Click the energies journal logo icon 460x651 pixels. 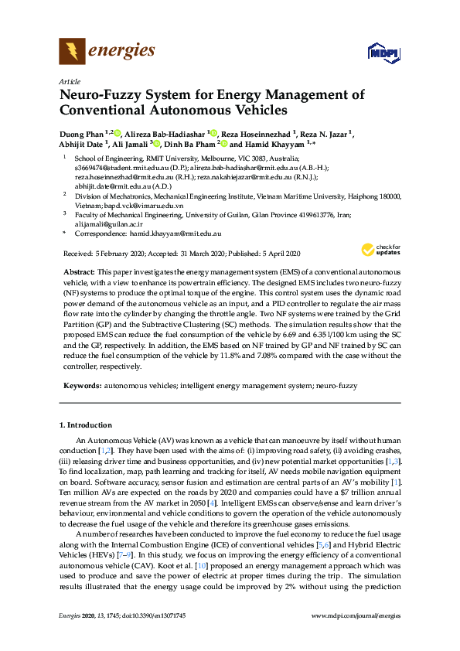[x=71, y=52]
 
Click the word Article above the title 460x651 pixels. [x=69, y=80]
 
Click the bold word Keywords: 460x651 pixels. [x=81, y=384]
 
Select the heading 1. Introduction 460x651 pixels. [x=86, y=425]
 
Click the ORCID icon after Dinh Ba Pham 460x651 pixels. [x=225, y=145]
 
